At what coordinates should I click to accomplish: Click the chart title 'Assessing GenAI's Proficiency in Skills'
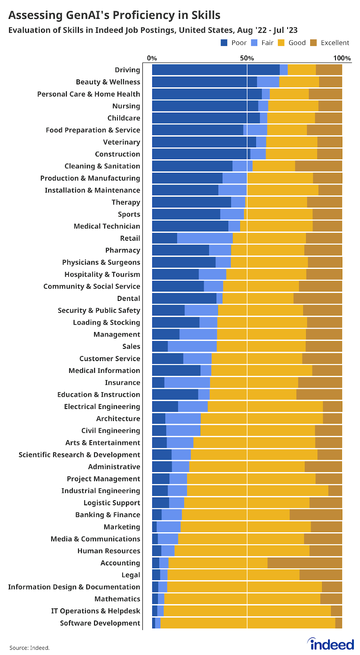coord(114,16)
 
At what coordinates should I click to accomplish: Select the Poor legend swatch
coord(224,43)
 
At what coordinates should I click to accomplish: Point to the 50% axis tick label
coord(247,58)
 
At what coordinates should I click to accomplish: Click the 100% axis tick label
coord(342,58)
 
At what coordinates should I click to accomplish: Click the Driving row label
coord(127,70)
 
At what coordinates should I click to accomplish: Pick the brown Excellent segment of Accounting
coord(304,563)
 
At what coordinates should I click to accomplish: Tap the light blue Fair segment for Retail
coord(205,238)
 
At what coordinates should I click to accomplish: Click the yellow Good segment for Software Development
coord(248,623)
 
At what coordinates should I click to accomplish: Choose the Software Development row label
coord(100,623)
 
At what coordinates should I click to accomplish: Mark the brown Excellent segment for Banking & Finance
coord(315,515)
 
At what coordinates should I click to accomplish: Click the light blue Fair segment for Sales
coord(192,346)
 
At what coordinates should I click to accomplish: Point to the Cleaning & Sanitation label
coord(102,166)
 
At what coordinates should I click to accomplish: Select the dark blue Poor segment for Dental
coord(184,298)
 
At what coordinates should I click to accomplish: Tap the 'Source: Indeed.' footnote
coord(29,648)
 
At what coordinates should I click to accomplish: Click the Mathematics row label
coord(117,599)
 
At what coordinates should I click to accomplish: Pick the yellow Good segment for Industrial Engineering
coord(257,491)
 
